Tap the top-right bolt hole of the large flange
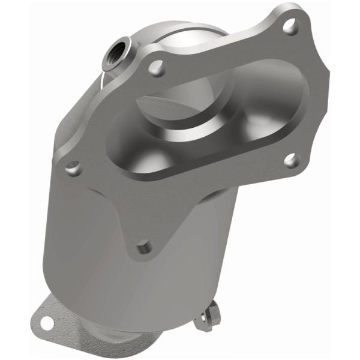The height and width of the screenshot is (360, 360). pyautogui.click(x=289, y=25)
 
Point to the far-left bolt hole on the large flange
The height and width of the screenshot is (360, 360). pyautogui.click(x=75, y=168)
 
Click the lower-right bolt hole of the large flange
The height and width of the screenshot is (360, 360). pyautogui.click(x=290, y=160)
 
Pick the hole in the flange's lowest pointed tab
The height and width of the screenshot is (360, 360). pyautogui.click(x=143, y=247)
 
